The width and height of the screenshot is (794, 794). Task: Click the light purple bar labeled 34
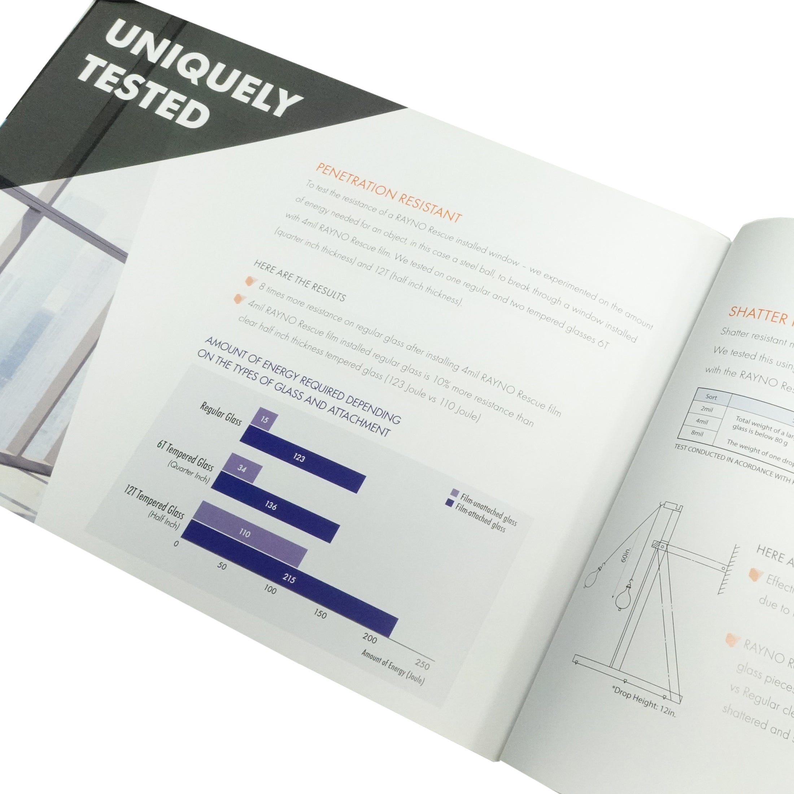(242, 468)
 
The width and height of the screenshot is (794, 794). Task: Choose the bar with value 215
(290, 579)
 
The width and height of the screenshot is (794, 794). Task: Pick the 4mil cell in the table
(702, 422)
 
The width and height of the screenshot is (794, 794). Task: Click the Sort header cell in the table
(711, 397)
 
